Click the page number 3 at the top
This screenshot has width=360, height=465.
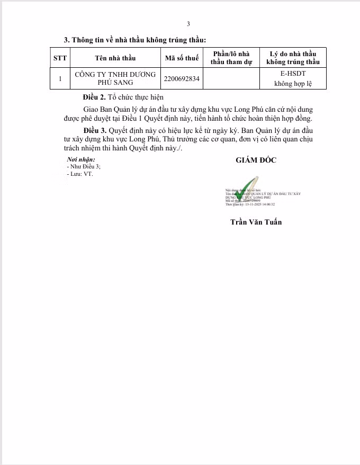pyautogui.click(x=188, y=24)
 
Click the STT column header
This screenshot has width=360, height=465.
pyautogui.click(x=60, y=58)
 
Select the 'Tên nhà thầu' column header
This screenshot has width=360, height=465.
pyautogui.click(x=115, y=58)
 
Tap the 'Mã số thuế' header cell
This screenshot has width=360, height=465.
pyautogui.click(x=182, y=58)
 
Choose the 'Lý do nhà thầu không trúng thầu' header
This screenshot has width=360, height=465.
pyautogui.click(x=293, y=58)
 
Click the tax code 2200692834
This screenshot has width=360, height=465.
pyautogui.click(x=182, y=78)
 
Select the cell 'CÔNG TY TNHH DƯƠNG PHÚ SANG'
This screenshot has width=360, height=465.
pyautogui.click(x=115, y=78)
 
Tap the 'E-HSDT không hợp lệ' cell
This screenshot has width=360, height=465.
pyautogui.click(x=293, y=78)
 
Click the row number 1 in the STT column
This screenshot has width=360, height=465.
pyautogui.click(x=60, y=78)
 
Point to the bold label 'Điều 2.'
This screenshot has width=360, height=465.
pyautogui.click(x=95, y=97)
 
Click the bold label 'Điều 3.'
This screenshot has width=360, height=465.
pyautogui.click(x=95, y=130)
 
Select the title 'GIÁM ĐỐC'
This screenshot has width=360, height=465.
pyautogui.click(x=256, y=160)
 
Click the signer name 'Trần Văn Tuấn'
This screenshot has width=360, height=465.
pyautogui.click(x=256, y=222)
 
